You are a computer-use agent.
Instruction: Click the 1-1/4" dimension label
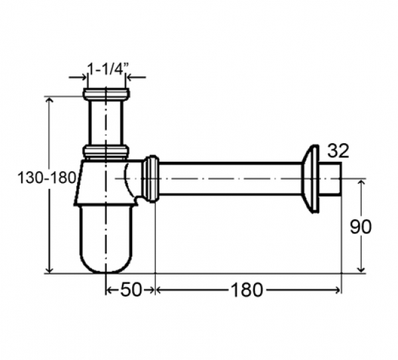pyautogui.click(x=107, y=68)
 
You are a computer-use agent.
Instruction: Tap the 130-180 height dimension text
pyautogui.click(x=47, y=177)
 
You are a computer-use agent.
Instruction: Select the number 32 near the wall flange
pyautogui.click(x=338, y=151)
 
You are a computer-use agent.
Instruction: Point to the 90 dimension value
pyautogui.click(x=360, y=227)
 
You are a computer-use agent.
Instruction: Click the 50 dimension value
pyautogui.click(x=131, y=290)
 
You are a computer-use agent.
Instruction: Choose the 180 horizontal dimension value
pyautogui.click(x=247, y=290)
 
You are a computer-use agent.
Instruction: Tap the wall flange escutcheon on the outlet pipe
pyautogui.click(x=310, y=178)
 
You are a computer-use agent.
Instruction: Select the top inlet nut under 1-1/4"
pyautogui.click(x=106, y=93)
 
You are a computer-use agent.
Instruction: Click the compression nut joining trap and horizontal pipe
pyautogui.click(x=151, y=178)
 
